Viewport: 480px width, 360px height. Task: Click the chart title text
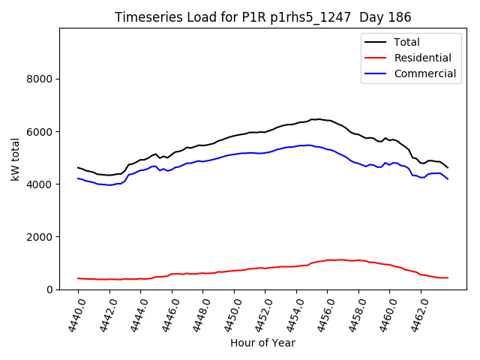(x=262, y=17)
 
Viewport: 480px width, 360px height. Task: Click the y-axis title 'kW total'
(x=16, y=159)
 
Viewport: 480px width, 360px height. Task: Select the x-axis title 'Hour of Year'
(x=262, y=343)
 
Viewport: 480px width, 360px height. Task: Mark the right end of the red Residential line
(x=448, y=278)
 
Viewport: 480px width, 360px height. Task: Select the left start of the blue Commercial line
(x=78, y=178)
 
